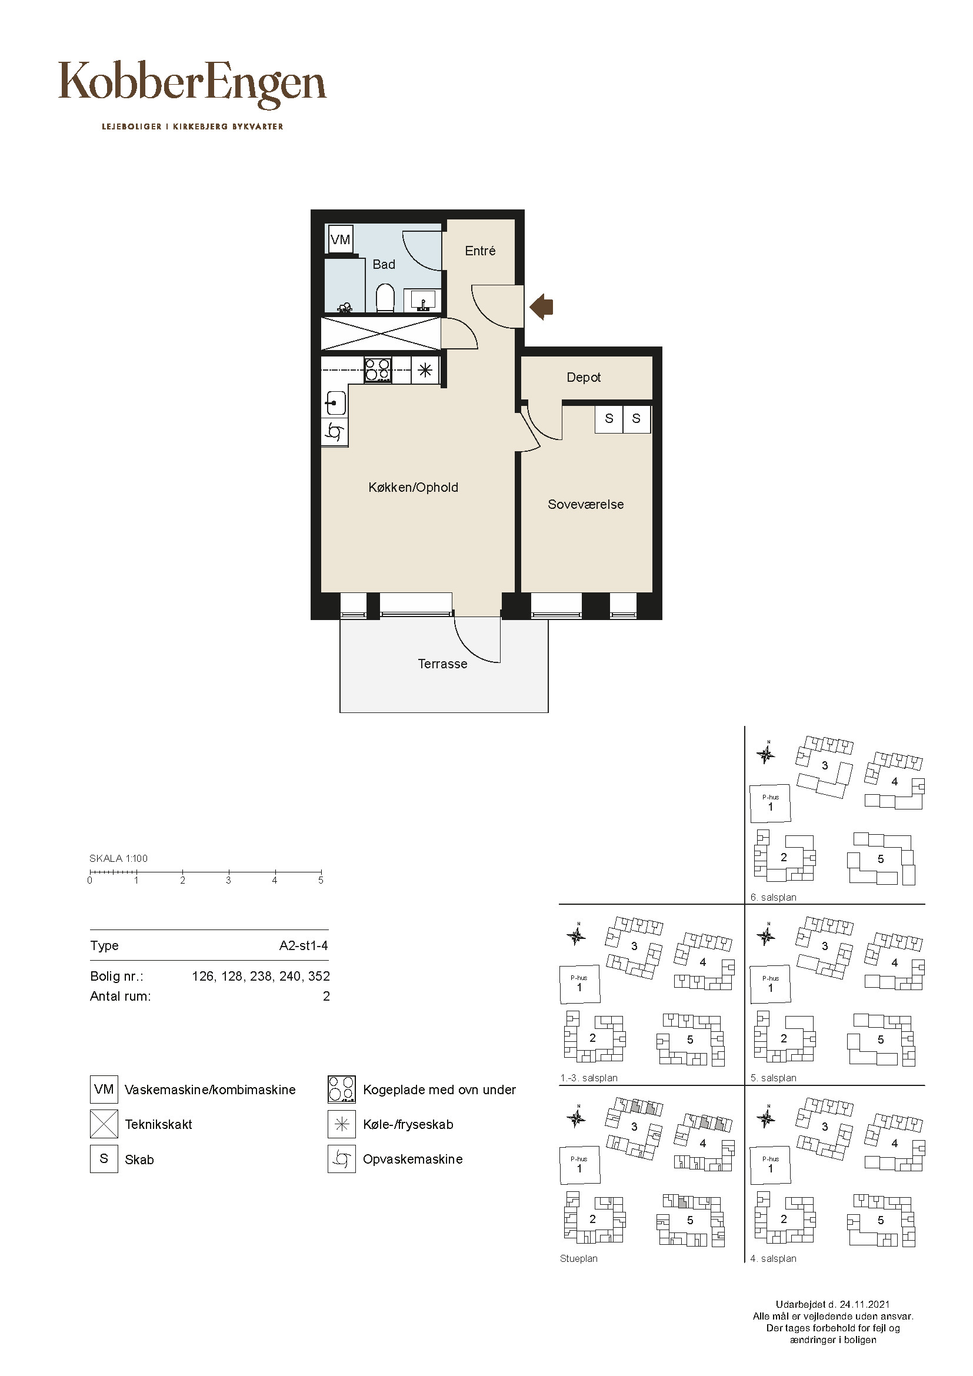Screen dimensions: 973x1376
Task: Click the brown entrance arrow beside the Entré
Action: click(x=542, y=307)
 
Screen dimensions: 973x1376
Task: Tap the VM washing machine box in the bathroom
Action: click(x=340, y=239)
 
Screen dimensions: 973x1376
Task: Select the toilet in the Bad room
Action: click(x=385, y=298)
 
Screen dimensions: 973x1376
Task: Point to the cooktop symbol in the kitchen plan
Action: click(x=378, y=369)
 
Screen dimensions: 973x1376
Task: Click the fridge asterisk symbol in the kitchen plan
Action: click(x=425, y=370)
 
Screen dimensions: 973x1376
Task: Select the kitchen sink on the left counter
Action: click(x=334, y=403)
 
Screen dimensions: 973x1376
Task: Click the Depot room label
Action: click(x=584, y=378)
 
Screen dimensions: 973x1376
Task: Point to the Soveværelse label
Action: click(x=585, y=505)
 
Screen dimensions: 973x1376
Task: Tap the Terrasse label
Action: click(x=442, y=664)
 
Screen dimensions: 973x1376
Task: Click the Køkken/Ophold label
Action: click(x=414, y=488)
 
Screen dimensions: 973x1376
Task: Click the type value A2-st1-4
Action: click(x=304, y=946)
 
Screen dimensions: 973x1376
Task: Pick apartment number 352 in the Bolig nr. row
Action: click(x=319, y=977)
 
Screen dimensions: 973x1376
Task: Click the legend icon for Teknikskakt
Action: click(x=104, y=1124)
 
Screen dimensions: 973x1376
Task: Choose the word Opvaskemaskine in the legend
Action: click(x=413, y=1159)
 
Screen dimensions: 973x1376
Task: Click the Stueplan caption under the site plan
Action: click(x=579, y=1258)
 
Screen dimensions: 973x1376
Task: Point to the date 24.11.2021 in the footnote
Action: click(x=865, y=1304)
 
